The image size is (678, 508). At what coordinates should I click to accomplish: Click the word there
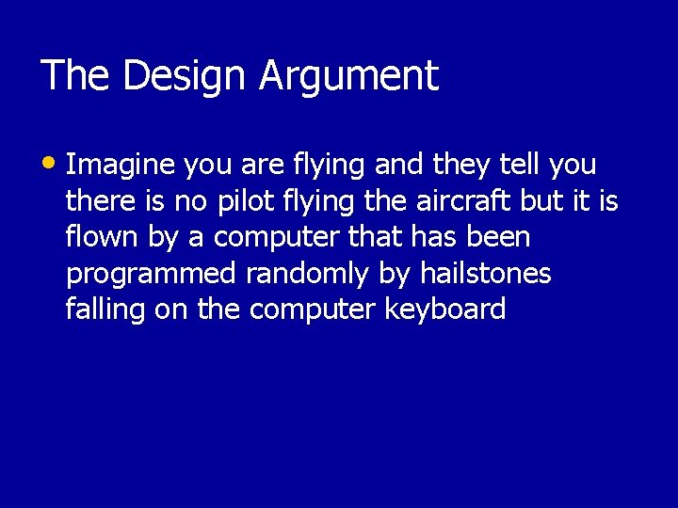pos(97,201)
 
